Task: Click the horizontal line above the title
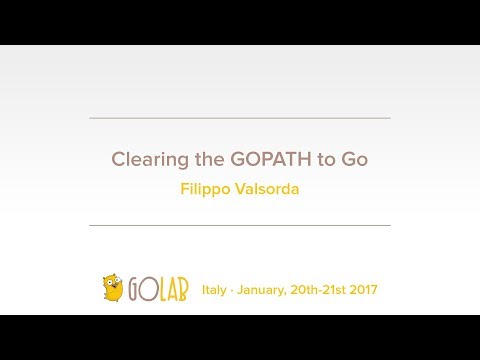point(240,119)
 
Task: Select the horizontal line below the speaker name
point(240,225)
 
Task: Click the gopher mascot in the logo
point(113,288)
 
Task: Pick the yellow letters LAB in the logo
point(173,290)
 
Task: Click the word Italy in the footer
point(215,290)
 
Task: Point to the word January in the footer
point(264,290)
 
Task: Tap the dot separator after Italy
point(233,290)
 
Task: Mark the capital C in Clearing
point(117,159)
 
